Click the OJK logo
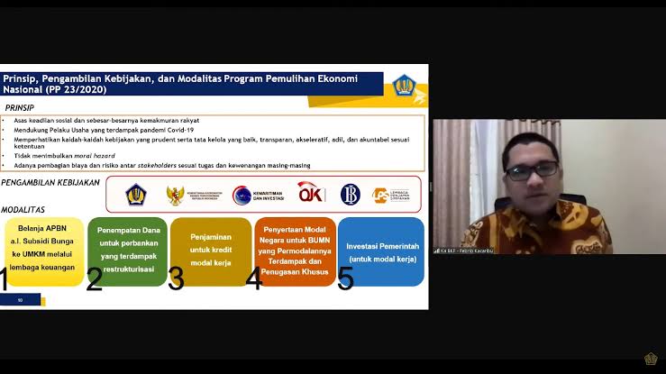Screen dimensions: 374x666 (x=311, y=193)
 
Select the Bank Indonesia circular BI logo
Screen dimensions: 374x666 (x=351, y=194)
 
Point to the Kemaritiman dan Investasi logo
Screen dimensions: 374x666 (x=256, y=194)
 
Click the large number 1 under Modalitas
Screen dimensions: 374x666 (x=4, y=280)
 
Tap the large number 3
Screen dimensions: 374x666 (x=176, y=280)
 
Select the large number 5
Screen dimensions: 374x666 (x=345, y=279)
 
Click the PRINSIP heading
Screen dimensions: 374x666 (x=19, y=106)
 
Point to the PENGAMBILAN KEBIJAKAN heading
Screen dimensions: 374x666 (x=50, y=183)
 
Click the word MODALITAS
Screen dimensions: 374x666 (x=23, y=208)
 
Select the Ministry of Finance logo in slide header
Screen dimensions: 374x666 (x=405, y=86)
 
